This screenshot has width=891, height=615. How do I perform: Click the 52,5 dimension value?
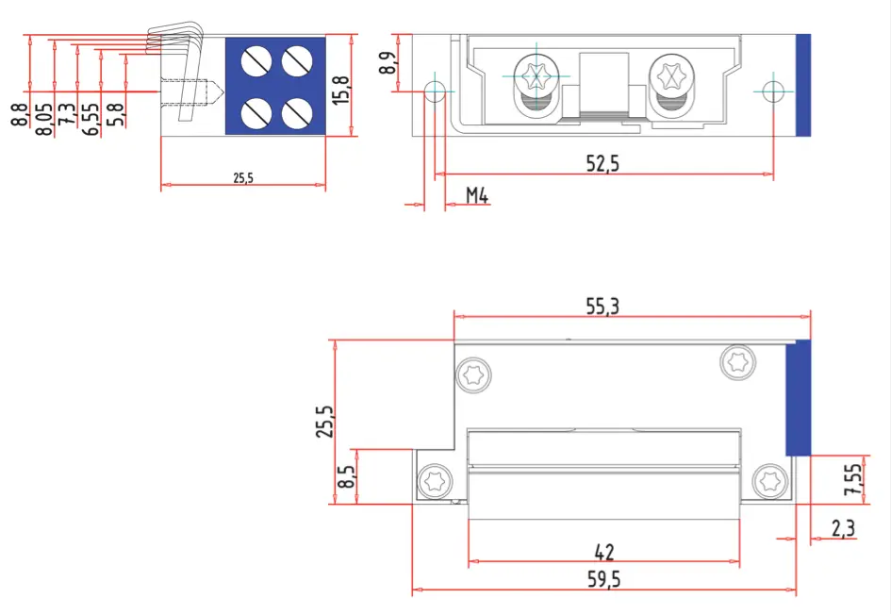602,163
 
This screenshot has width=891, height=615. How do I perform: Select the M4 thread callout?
477,196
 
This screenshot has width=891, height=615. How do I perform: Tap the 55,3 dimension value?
608,307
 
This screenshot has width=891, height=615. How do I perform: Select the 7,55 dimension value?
852,480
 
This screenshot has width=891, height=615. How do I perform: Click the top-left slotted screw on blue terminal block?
256,62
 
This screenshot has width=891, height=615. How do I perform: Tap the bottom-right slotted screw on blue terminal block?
297,113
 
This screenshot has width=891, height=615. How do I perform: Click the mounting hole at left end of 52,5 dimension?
435,91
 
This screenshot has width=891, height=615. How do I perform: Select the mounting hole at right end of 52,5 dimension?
773,91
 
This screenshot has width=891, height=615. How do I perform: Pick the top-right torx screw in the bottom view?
736,361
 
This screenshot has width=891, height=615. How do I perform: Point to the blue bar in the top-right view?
803,84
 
